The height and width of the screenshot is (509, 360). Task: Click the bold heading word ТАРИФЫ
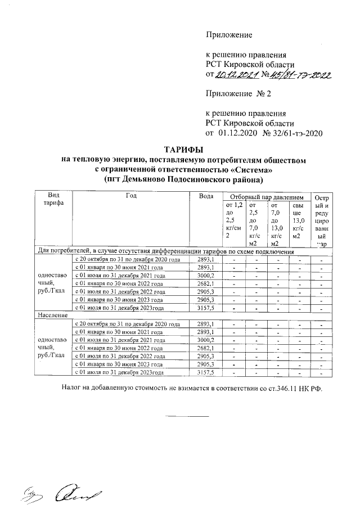pos(183,150)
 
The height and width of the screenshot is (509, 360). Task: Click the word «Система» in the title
pos(249,169)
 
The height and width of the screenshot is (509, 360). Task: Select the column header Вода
pos(206,196)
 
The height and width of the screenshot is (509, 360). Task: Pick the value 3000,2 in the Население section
pos(206,340)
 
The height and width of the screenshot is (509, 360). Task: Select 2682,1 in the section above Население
pos(206,283)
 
